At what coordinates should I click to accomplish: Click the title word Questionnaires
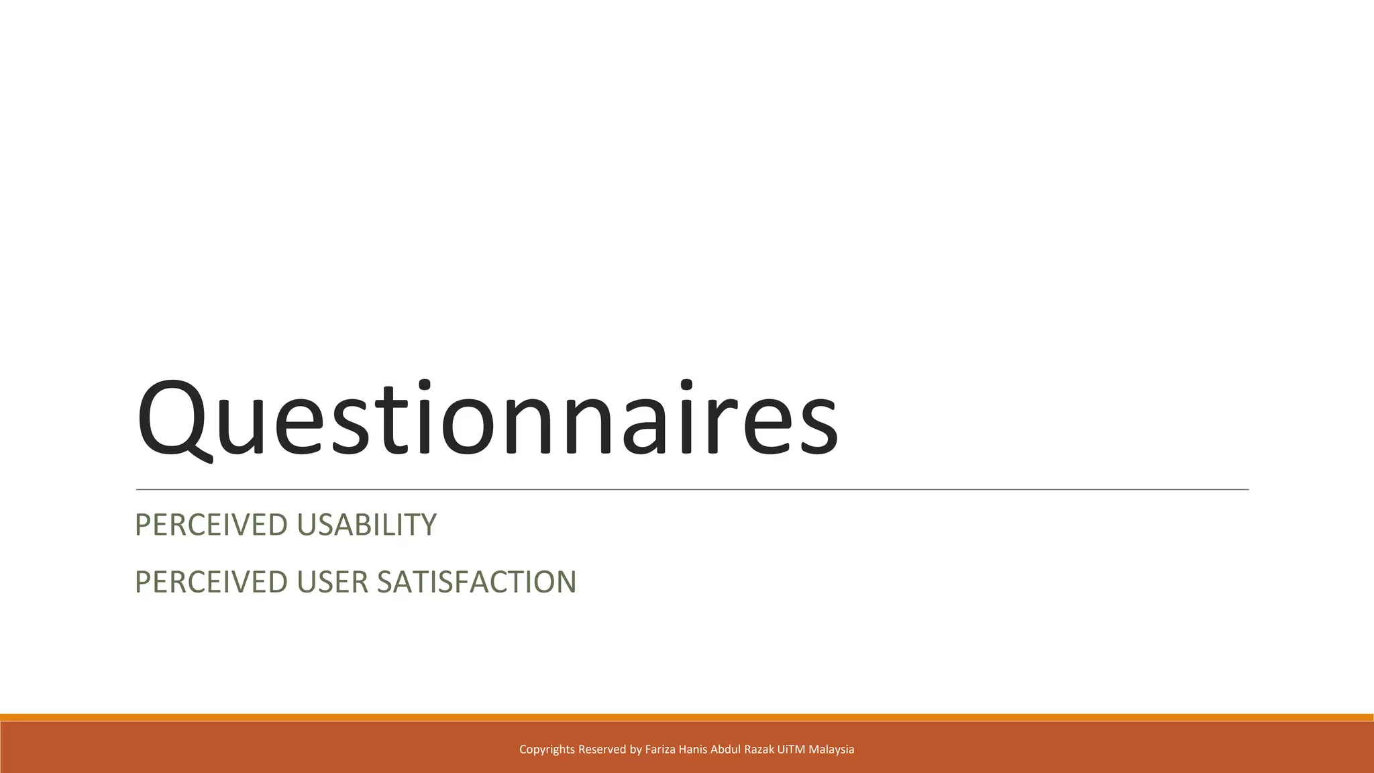pos(487,419)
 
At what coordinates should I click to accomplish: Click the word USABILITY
pos(366,525)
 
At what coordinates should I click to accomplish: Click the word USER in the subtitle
pos(333,582)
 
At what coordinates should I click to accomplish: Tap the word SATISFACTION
pos(476,582)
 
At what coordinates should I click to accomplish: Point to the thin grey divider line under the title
pos(691,490)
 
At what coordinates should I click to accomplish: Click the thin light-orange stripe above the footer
pos(687,717)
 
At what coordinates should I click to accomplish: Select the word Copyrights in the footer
pos(547,750)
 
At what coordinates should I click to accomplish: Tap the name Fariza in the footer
pos(660,750)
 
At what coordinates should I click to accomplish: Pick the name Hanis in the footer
pos(693,750)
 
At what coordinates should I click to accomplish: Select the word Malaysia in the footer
pos(831,750)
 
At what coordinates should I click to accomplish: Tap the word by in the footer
pos(635,750)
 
